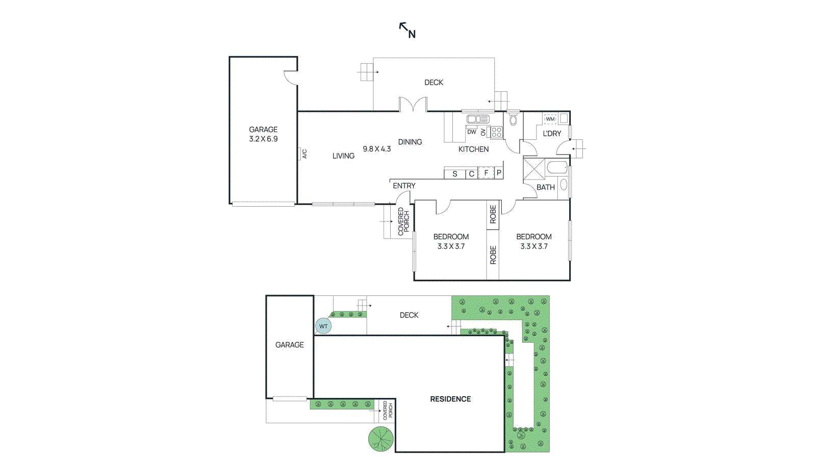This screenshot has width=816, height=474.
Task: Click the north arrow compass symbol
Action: pyautogui.click(x=407, y=30)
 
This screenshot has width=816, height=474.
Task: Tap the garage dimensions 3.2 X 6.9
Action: pyautogui.click(x=263, y=139)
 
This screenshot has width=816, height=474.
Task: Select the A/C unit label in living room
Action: pyautogui.click(x=304, y=154)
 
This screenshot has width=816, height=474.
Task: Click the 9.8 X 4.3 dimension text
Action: pyautogui.click(x=376, y=149)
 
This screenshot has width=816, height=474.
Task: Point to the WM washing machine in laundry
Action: pyautogui.click(x=550, y=119)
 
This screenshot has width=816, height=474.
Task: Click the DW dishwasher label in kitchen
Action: pyautogui.click(x=471, y=132)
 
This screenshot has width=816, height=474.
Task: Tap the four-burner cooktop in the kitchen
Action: pyautogui.click(x=497, y=132)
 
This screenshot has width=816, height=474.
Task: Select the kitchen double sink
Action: pyautogui.click(x=478, y=119)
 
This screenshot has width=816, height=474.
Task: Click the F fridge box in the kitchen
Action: pyautogui.click(x=486, y=173)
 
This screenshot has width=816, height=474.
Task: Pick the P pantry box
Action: pyautogui.click(x=499, y=173)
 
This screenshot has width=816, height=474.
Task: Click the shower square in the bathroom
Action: pyautogui.click(x=534, y=168)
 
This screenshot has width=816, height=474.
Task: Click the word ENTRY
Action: pyautogui.click(x=404, y=186)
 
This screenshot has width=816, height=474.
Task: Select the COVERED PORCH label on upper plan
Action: pyautogui.click(x=403, y=221)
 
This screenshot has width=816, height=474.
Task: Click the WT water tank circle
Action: pyautogui.click(x=323, y=326)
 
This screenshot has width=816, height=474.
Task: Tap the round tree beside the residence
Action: pyautogui.click(x=381, y=438)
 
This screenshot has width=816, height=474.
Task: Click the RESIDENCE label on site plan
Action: pyautogui.click(x=450, y=399)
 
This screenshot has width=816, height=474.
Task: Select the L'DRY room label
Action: pyautogui.click(x=552, y=134)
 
